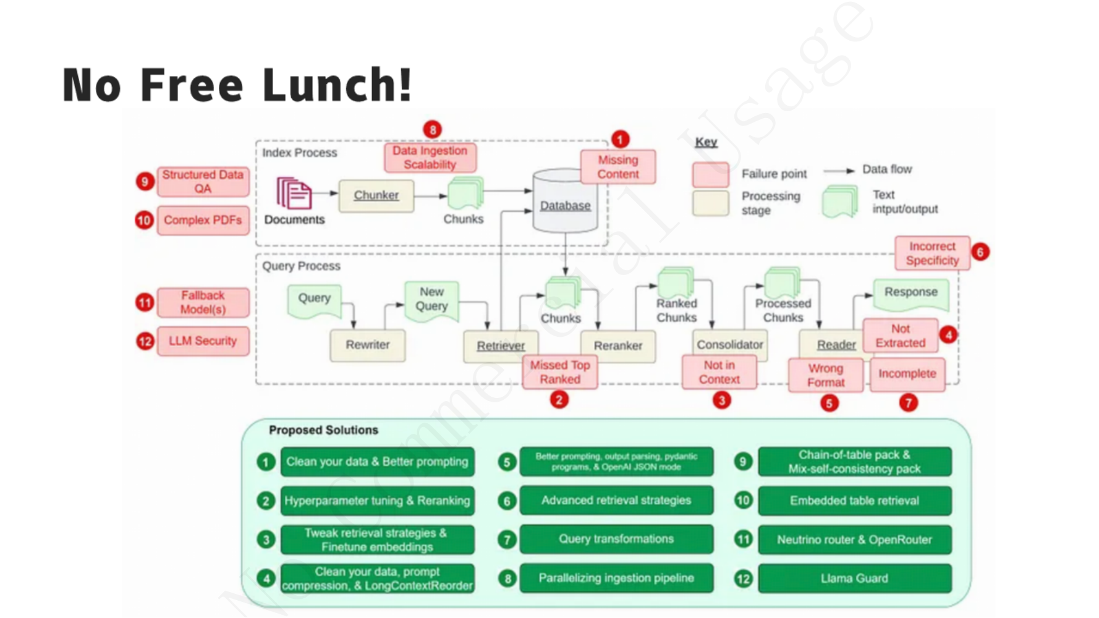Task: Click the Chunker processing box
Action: (376, 195)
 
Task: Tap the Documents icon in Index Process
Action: (294, 193)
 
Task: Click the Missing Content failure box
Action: (617, 167)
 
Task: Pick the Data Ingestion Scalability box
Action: (430, 158)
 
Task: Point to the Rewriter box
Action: (367, 345)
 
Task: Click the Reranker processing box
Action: (617, 345)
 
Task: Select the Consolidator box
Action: (729, 344)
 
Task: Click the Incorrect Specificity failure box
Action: (932, 253)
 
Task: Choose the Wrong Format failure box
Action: (825, 375)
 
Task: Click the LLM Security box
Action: (203, 341)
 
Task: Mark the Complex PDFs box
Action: (203, 221)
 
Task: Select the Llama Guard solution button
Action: (854, 578)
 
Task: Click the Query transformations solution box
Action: (616, 539)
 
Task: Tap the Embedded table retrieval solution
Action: (854, 501)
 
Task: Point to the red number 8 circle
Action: (433, 130)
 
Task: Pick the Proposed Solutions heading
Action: (323, 430)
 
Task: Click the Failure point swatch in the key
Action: (710, 175)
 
